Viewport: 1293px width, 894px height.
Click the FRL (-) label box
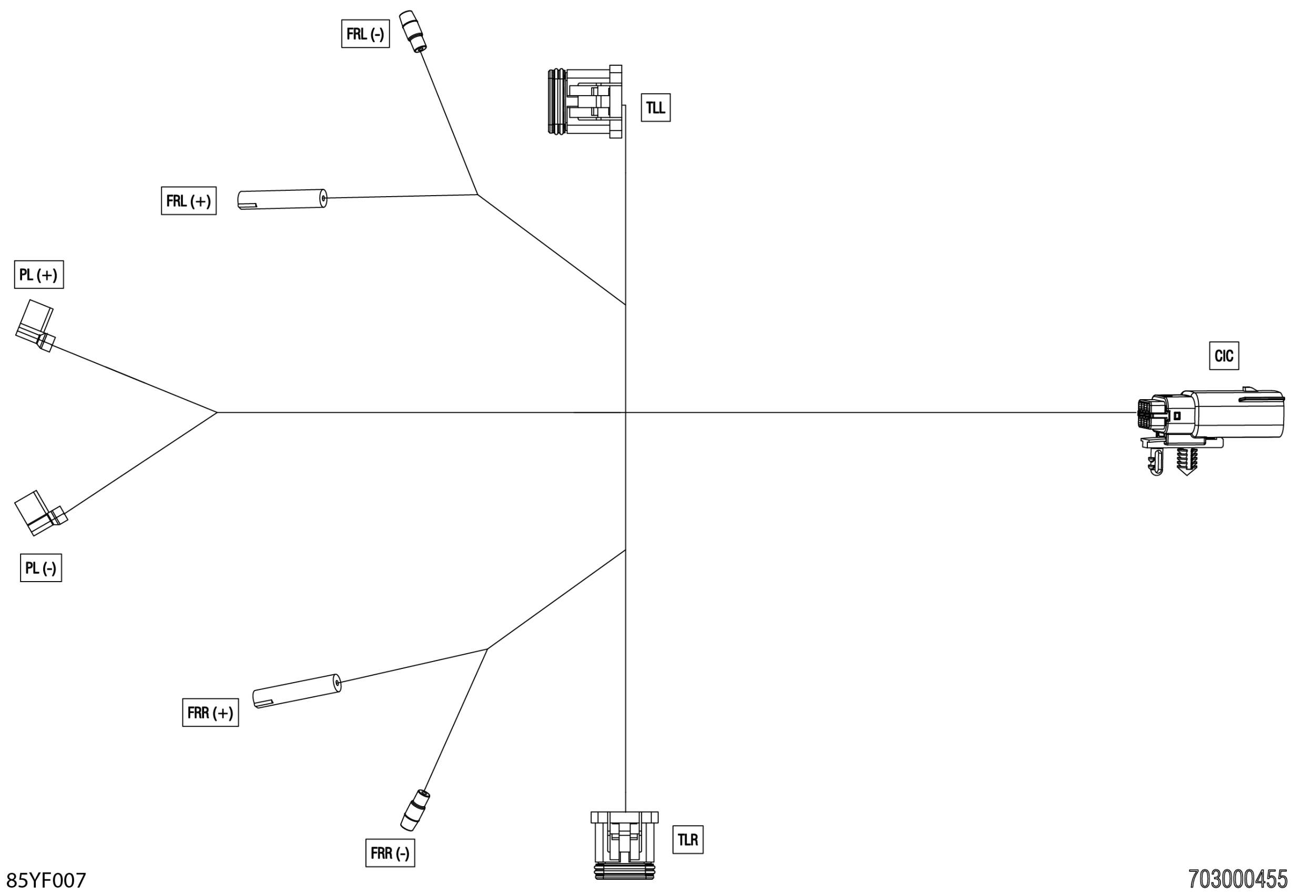[x=365, y=34]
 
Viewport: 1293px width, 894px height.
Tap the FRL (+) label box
[x=188, y=200]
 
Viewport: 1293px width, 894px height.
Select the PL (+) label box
[x=38, y=275]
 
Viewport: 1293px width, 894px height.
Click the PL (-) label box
[x=41, y=568]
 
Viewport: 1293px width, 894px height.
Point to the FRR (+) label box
[x=210, y=713]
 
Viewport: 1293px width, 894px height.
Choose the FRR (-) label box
[x=390, y=853]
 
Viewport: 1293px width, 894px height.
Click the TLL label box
[x=655, y=108]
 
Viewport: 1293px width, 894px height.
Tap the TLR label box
[x=687, y=840]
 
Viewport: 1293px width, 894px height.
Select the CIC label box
[x=1224, y=355]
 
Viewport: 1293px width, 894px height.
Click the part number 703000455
[x=1238, y=879]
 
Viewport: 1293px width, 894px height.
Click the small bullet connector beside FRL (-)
[x=413, y=32]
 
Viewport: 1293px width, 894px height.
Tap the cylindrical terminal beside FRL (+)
[x=282, y=199]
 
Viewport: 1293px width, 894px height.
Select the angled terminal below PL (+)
[x=35, y=326]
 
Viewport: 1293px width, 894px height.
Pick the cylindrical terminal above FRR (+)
[x=297, y=691]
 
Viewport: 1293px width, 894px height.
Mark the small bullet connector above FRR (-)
[x=415, y=809]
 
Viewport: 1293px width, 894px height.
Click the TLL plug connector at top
[x=585, y=101]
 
